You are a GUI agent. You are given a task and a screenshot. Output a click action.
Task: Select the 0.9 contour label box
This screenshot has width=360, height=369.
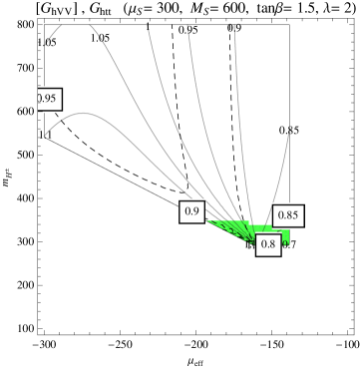[x=191, y=211]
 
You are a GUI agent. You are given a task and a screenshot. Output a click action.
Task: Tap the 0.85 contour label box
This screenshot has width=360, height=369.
[x=288, y=215]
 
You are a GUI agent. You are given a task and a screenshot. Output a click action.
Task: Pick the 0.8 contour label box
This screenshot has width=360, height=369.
[x=267, y=244]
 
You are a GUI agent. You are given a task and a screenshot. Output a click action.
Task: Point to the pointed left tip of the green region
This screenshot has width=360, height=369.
[x=208, y=221]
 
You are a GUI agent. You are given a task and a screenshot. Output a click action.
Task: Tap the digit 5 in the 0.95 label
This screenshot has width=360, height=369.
[x=53, y=99]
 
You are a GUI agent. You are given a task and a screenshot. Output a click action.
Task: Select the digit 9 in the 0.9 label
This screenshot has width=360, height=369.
[x=196, y=211]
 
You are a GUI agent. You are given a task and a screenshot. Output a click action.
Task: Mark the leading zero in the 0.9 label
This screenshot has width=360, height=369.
[x=186, y=211]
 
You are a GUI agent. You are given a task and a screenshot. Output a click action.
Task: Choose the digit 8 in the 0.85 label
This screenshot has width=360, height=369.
[x=287, y=215]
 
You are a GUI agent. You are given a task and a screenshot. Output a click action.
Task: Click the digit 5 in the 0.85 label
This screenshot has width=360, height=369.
[x=294, y=215]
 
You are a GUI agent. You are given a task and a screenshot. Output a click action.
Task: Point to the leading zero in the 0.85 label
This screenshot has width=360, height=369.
[x=280, y=215]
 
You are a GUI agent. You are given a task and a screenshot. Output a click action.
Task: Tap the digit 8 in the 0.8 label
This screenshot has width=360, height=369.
[x=272, y=244]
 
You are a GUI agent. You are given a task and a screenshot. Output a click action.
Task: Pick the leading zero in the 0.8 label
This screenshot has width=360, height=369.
[x=262, y=244]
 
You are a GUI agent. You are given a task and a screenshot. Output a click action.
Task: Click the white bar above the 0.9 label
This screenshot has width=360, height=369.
[x=191, y=198]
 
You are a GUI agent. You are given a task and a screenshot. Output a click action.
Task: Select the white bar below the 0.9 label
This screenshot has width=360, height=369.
[x=191, y=224]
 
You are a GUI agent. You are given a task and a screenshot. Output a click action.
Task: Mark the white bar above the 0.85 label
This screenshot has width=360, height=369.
[x=288, y=202]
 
